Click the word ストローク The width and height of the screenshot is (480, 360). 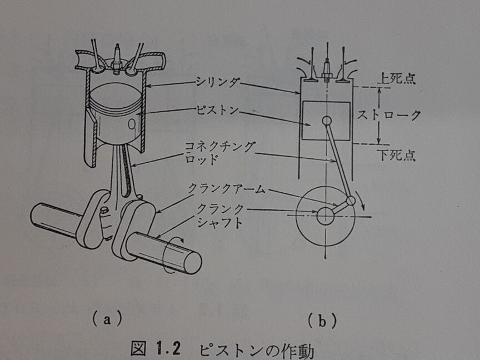(389, 116)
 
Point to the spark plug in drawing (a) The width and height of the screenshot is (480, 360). (117, 58)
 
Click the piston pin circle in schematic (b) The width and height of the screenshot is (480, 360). (326, 121)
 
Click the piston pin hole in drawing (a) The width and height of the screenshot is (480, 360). (132, 124)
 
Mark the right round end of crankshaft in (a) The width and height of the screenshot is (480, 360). (192, 262)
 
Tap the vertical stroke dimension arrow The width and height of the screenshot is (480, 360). (378, 116)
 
